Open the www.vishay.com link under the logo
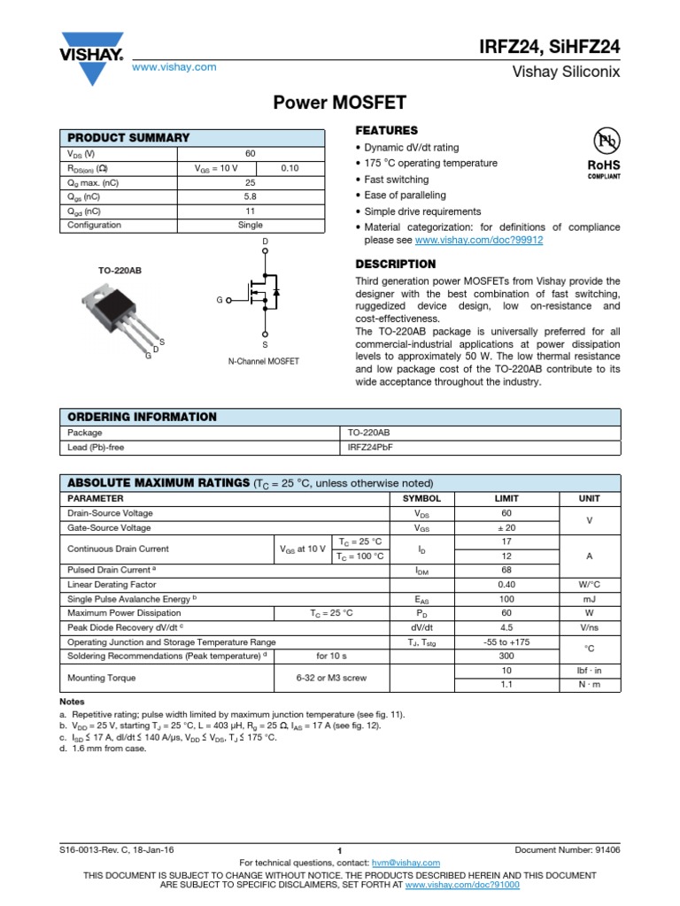tap(174, 67)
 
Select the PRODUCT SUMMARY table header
tap(128, 137)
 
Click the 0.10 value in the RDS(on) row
tap(290, 167)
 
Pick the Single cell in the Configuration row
tap(250, 225)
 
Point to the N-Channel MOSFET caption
tap(263, 361)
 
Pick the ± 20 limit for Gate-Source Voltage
tap(506, 527)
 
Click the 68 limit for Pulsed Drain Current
tap(506, 570)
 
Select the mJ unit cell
tap(589, 599)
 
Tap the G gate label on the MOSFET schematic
tap(219, 301)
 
